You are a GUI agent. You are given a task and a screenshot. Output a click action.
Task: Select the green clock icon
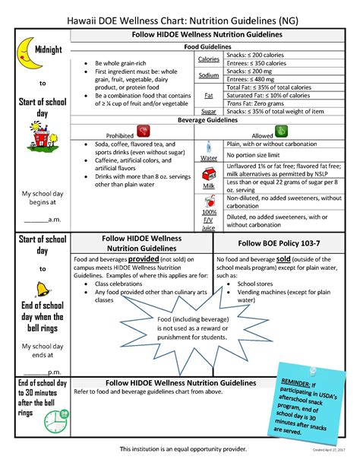pos(57,419)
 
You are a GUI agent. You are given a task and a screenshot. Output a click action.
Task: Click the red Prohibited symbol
pos(141,131)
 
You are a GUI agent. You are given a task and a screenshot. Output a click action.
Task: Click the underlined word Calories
pos(209,59)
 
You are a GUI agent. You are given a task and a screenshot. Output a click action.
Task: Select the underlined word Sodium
pos(209,75)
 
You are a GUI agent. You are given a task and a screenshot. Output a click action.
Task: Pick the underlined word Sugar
pos(209,110)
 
